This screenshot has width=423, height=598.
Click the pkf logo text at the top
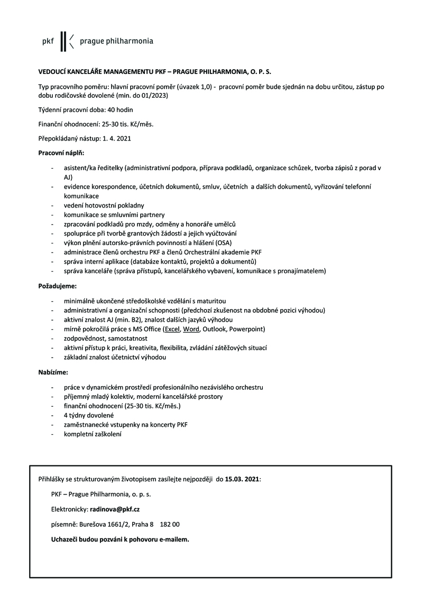(x=48, y=41)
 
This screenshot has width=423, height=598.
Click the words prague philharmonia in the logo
(x=116, y=41)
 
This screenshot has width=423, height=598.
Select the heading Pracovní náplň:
(x=58, y=153)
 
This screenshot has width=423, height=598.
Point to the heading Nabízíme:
(x=53, y=372)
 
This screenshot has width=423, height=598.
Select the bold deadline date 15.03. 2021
(x=242, y=479)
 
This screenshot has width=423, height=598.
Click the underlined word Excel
(x=172, y=329)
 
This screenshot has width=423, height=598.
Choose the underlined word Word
(x=191, y=329)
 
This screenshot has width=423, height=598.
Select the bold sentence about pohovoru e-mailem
(x=119, y=540)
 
